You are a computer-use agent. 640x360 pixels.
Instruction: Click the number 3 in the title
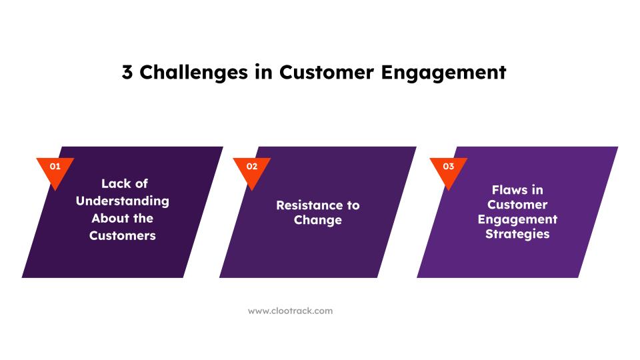pyautogui.click(x=127, y=72)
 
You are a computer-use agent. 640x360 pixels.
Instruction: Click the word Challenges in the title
pyautogui.click(x=194, y=72)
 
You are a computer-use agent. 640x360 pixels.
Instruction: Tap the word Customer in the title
pyautogui.click(x=327, y=72)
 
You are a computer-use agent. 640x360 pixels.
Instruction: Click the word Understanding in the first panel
pyautogui.click(x=123, y=201)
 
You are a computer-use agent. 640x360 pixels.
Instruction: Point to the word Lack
pyautogui.click(x=113, y=184)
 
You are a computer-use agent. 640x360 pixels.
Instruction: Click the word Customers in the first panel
pyautogui.click(x=123, y=235)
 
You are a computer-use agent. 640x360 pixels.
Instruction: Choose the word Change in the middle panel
pyautogui.click(x=318, y=221)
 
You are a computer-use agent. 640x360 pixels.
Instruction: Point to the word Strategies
pyautogui.click(x=517, y=234)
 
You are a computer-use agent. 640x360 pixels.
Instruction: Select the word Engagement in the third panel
pyautogui.click(x=517, y=219)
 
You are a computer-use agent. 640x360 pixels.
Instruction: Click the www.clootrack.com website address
pyautogui.click(x=290, y=311)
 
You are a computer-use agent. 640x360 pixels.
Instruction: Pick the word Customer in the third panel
pyautogui.click(x=517, y=205)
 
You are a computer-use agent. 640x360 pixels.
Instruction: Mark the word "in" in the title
pyautogui.click(x=264, y=72)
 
